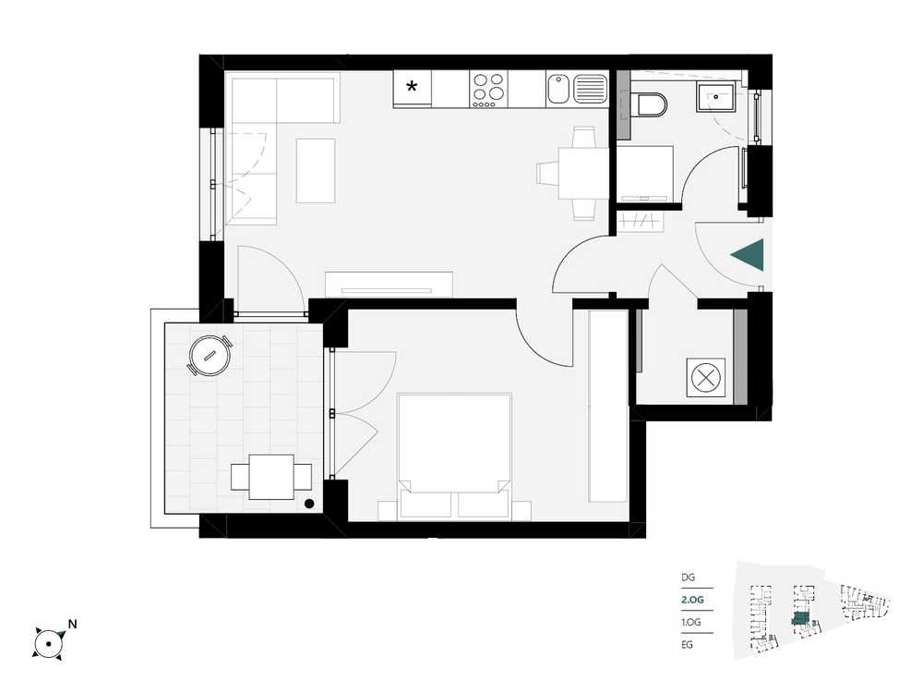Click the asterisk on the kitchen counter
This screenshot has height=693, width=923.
click(412, 87)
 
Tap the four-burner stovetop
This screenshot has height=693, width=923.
click(488, 90)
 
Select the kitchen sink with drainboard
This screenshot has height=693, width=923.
click(577, 89)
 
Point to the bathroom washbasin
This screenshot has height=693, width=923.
click(715, 97)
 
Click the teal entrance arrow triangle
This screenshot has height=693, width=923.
click(748, 255)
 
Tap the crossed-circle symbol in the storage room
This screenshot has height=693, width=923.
click(705, 377)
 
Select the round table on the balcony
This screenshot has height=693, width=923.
click(210, 356)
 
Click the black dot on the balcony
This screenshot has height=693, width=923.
click(309, 504)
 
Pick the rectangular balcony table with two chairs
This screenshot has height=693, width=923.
click(271, 477)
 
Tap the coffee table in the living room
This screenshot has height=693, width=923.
click(316, 171)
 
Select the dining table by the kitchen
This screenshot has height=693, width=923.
click(575, 174)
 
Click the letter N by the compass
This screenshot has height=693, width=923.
click(72, 624)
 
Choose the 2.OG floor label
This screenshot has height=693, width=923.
click(692, 600)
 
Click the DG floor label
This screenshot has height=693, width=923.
click(689, 577)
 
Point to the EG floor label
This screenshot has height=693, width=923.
click(687, 645)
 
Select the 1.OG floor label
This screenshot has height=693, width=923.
click(691, 622)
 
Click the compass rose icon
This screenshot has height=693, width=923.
click(48, 643)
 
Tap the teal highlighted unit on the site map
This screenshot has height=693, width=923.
click(800, 618)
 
